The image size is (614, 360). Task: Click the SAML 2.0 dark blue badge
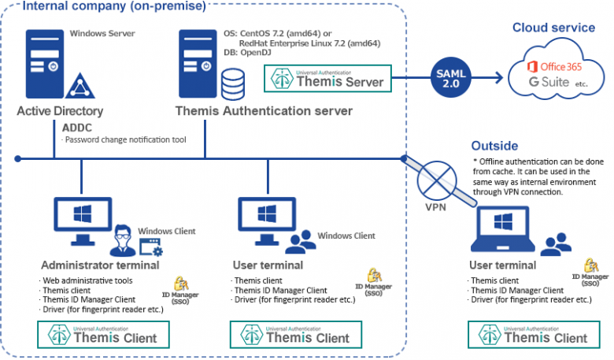tap(451, 77)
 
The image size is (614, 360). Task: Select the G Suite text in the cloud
tap(545, 82)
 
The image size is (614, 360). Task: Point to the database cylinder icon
tap(232, 81)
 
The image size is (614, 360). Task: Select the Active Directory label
tap(60, 111)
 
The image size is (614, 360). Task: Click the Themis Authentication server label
tap(264, 111)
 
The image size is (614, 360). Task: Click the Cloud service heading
tap(553, 28)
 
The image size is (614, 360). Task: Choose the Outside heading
tap(494, 146)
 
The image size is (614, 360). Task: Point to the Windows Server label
tap(102, 34)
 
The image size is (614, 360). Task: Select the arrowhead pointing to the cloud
tap(498, 78)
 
